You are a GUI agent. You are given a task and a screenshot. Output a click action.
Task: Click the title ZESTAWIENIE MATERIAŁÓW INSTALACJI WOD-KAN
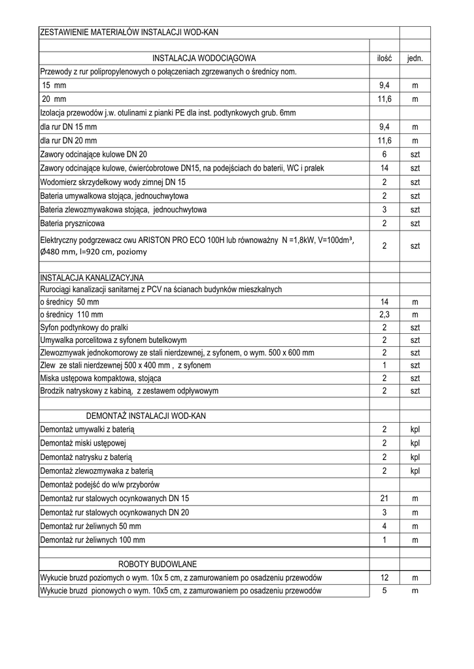134,32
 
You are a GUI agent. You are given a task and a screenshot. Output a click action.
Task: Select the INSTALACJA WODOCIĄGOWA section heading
203,58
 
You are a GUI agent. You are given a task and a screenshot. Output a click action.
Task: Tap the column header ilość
384,58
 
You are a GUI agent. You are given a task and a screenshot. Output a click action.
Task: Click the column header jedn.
415,58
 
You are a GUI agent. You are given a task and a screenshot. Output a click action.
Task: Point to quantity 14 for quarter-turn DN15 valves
384,169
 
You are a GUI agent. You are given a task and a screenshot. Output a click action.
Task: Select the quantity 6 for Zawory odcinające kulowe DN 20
384,154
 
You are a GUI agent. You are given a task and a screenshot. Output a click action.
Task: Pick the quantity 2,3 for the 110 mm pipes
384,315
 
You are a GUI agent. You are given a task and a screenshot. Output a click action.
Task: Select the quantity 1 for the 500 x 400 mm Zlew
384,365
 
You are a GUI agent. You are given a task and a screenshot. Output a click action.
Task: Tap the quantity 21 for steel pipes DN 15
384,498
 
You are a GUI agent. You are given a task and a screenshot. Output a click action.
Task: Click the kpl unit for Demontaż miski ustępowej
415,443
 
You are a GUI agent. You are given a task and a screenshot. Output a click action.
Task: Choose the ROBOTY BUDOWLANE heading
158,564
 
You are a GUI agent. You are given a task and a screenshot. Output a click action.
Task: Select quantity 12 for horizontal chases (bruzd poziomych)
384,578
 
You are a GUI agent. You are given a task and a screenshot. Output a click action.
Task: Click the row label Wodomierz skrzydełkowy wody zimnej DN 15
113,182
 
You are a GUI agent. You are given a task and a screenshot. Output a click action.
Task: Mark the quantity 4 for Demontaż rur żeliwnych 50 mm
384,526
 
